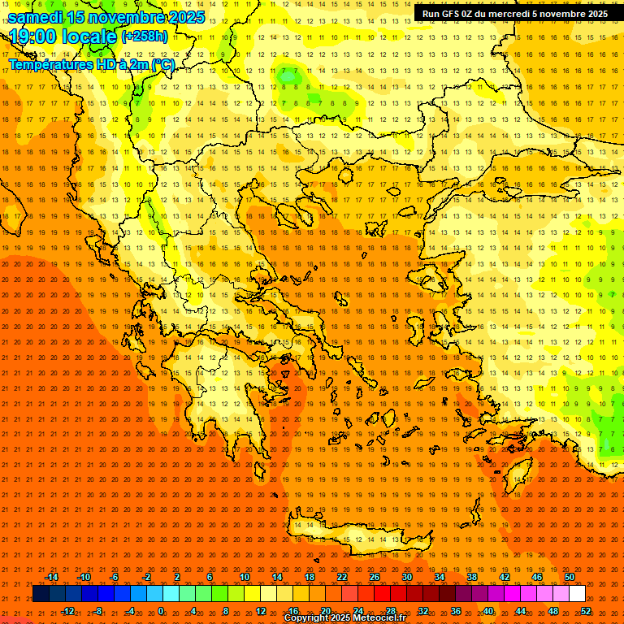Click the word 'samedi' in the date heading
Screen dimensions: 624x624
point(36,16)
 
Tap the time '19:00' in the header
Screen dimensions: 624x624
point(31,37)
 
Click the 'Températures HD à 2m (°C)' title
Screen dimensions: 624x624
point(92,65)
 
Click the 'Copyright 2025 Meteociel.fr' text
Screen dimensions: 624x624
point(344,618)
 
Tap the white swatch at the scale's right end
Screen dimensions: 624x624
point(577,594)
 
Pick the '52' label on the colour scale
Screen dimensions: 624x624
point(586,611)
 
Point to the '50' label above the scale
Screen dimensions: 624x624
point(570,577)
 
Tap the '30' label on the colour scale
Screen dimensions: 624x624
point(407,577)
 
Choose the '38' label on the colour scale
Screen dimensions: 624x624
point(472,577)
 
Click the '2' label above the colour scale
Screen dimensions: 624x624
point(177,577)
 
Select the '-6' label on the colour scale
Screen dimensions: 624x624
point(114,577)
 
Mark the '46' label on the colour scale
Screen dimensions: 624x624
point(537,577)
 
